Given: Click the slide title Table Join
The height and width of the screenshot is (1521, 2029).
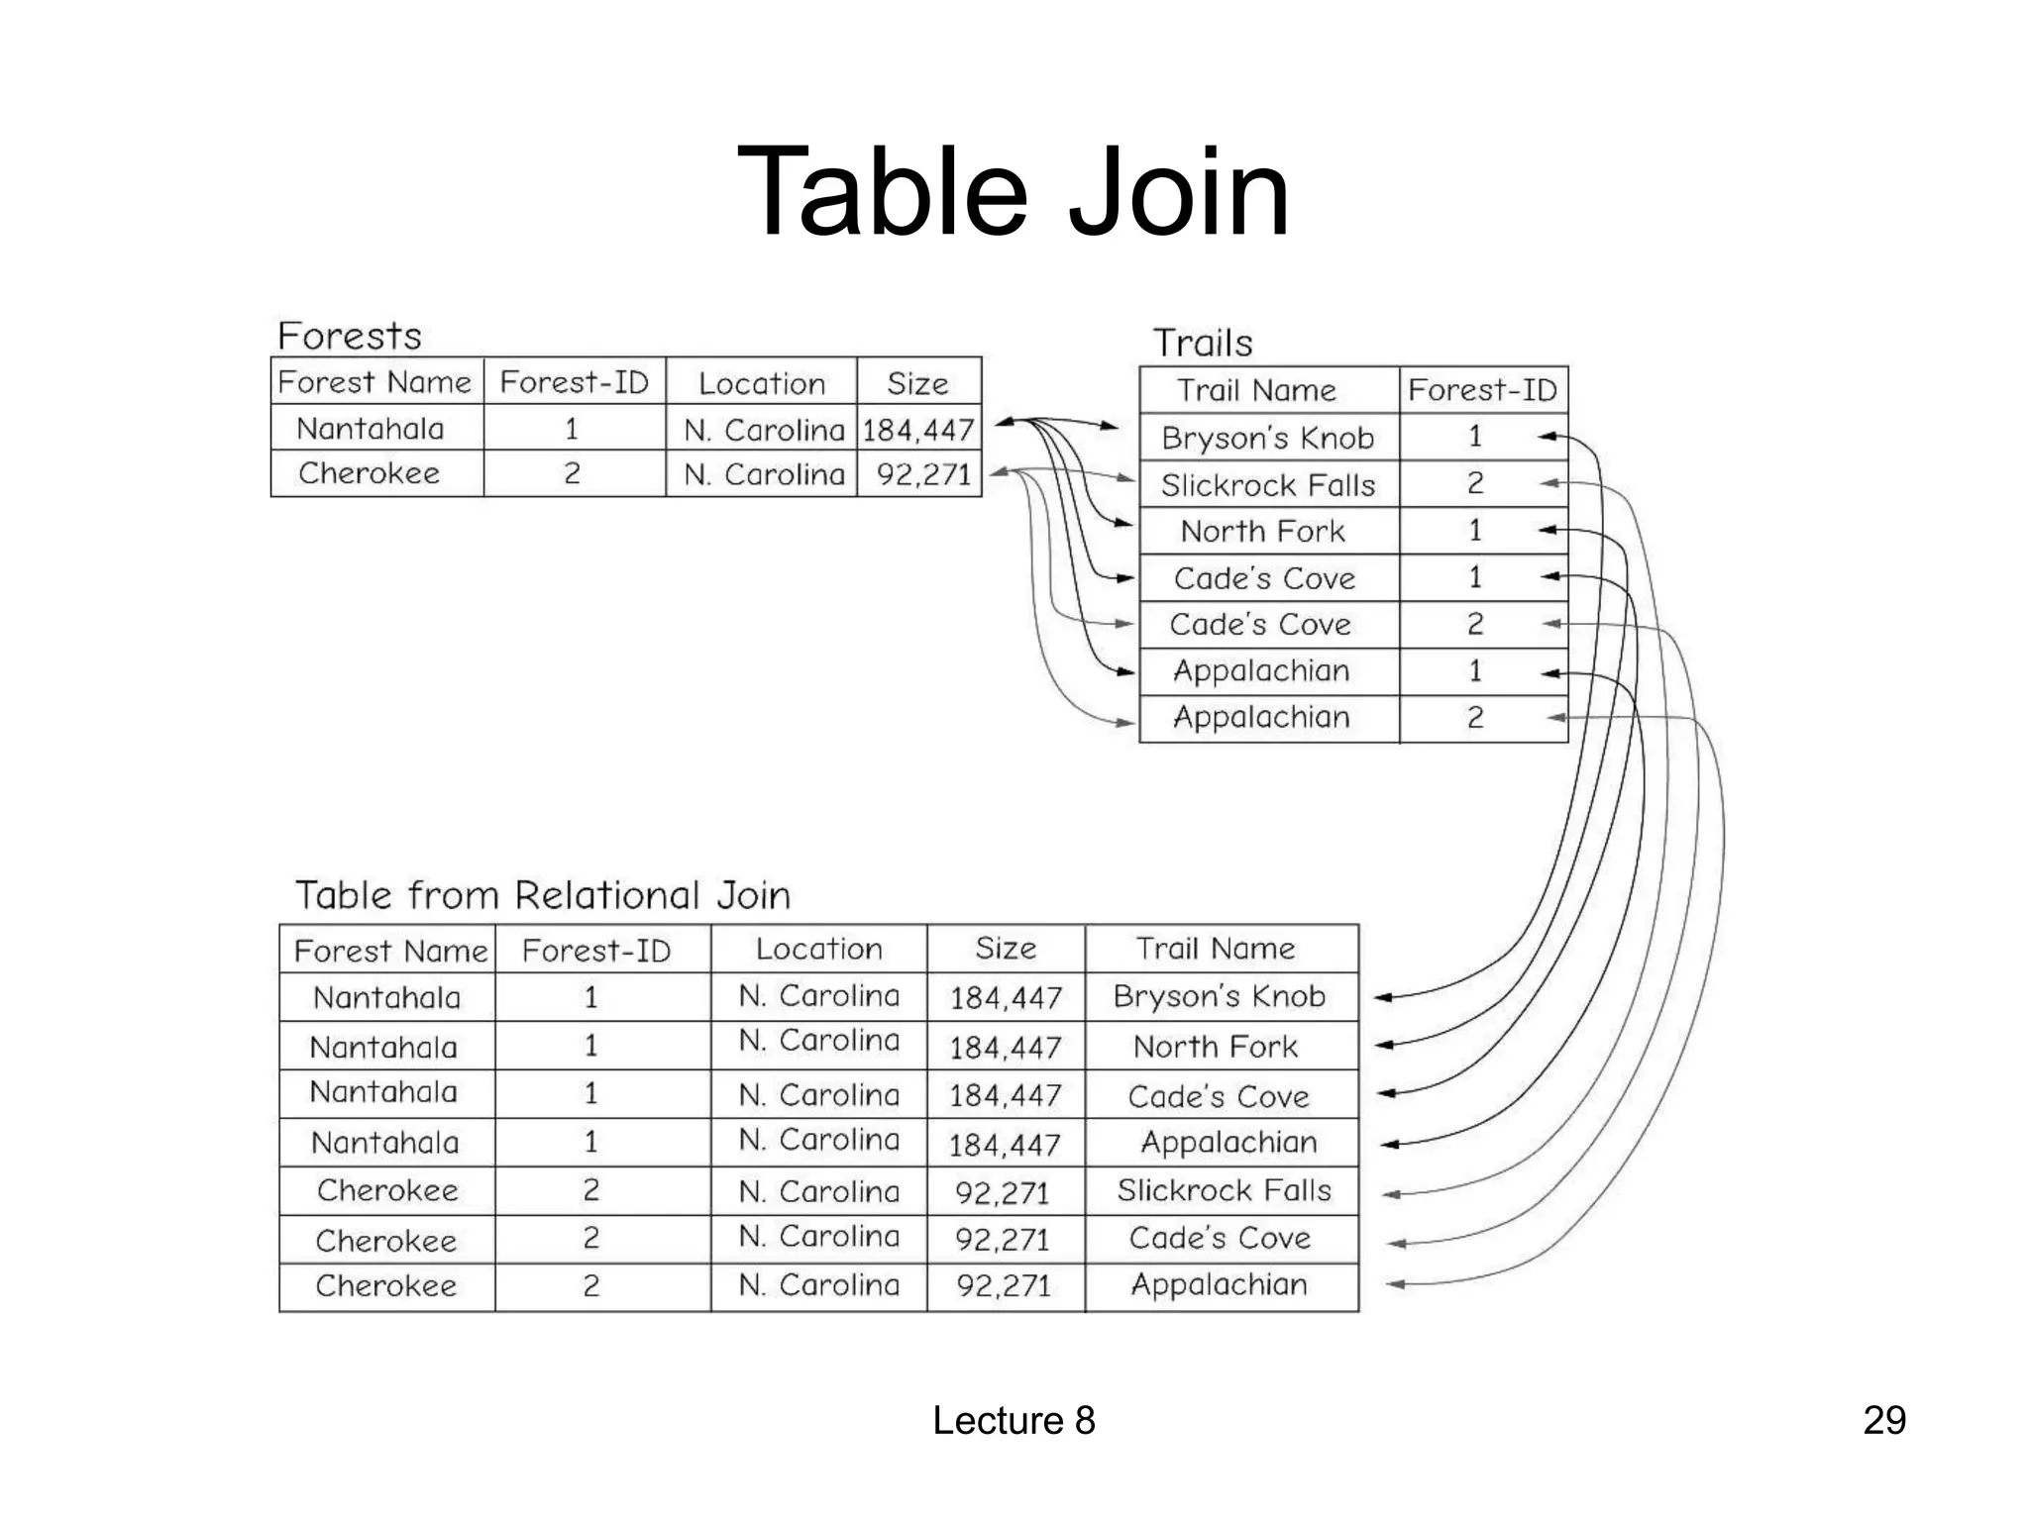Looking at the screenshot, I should tap(1013, 192).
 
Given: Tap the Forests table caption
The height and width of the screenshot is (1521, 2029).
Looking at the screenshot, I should tap(349, 337).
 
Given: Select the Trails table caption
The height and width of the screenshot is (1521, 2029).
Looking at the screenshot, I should tap(1202, 344).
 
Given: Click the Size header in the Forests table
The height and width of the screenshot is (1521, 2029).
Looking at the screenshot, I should tap(917, 383).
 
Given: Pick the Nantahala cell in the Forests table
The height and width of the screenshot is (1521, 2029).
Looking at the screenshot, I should tap(371, 429).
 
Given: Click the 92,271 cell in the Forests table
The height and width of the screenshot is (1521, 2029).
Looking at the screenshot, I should tap(922, 474).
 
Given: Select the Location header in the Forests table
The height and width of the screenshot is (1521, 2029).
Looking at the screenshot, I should tap(761, 383).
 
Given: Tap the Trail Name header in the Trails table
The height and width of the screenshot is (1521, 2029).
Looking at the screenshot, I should tap(1255, 390).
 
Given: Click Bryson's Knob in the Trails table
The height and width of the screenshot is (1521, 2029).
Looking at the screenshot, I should tap(1267, 438).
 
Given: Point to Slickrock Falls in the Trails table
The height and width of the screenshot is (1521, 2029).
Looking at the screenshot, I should tap(1267, 485).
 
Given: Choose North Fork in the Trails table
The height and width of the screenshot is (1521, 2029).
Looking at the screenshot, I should tap(1262, 532).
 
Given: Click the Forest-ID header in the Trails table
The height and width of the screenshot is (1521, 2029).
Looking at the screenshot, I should tap(1482, 390).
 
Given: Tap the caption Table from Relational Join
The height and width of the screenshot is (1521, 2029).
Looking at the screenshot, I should tap(543, 895).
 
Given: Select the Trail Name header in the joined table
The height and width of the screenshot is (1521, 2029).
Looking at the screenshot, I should tap(1215, 949).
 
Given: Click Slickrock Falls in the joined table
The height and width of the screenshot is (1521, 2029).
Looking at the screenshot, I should tap(1224, 1190).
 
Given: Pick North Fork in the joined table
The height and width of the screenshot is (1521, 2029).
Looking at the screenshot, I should tap(1215, 1047).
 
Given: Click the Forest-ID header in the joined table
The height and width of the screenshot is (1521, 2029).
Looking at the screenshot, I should tap(595, 951).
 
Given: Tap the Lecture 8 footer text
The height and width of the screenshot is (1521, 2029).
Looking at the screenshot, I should tap(1013, 1420).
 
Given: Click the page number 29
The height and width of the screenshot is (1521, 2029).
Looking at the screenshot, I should tap(1883, 1420).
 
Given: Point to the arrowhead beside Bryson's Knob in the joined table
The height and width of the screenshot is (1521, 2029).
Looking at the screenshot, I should tap(1384, 997).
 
